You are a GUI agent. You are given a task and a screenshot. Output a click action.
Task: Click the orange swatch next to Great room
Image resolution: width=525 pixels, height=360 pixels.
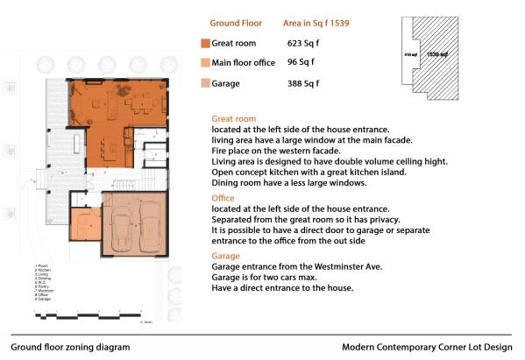204,43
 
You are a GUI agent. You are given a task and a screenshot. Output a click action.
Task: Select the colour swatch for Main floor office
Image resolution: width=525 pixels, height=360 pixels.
204,63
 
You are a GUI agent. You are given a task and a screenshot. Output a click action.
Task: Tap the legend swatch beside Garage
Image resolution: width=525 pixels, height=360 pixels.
204,84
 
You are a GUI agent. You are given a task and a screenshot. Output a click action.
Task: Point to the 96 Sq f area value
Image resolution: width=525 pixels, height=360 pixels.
301,62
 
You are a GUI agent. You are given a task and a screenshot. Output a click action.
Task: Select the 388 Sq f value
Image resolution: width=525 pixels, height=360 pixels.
303,84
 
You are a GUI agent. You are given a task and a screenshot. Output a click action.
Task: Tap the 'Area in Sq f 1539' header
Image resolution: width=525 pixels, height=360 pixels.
316,23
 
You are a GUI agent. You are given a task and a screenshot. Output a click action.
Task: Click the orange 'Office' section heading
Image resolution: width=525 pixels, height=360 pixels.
223,198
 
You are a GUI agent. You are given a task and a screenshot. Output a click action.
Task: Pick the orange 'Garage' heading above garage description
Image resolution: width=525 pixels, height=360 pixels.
226,256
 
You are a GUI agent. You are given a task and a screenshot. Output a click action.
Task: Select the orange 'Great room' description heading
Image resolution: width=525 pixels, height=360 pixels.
234,118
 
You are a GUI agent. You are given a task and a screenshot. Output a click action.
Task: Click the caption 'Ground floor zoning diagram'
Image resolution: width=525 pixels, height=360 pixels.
70,347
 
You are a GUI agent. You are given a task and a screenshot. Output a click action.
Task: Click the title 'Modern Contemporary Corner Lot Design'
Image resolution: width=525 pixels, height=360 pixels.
427,347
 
